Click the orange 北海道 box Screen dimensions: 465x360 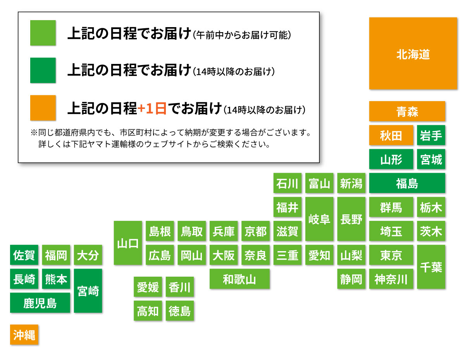tap(413, 53)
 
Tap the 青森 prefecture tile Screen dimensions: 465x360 tap(407, 111)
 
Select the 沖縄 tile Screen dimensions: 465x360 tap(24, 334)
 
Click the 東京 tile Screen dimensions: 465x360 tap(391, 255)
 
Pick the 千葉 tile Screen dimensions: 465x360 tap(431, 267)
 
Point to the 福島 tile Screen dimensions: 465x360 tap(407, 183)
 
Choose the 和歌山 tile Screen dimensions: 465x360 tap(239, 279)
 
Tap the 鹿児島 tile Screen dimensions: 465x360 tap(40, 303)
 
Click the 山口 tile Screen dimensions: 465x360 tap(128, 243)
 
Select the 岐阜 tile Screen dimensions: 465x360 tap(319, 219)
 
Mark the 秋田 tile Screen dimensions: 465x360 tap(391, 135)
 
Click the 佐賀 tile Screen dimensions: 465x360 tap(24, 255)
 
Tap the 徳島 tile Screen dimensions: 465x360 tap(180, 310)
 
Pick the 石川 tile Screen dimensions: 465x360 tap(288, 183)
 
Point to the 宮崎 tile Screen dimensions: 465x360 tap(88, 291)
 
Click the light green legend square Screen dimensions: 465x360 tap(43, 33)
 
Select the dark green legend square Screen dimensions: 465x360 tap(43, 70)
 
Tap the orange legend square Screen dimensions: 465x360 tap(43, 108)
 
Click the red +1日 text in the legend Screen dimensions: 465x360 tap(152, 108)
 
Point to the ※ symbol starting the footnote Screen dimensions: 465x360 tap(34, 133)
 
